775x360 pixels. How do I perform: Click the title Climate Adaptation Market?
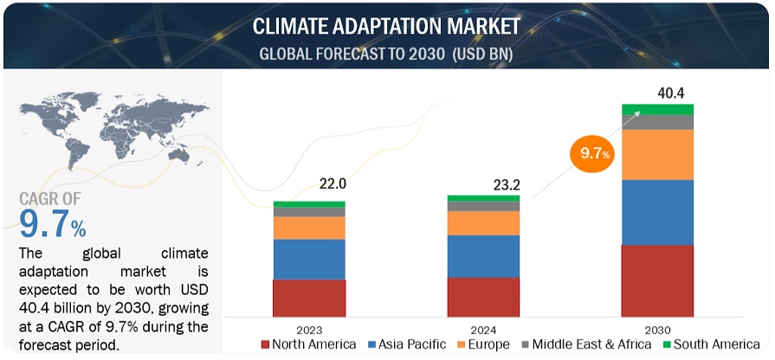point(386,26)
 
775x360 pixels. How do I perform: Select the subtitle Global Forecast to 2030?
point(386,54)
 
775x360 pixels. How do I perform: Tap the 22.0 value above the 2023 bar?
point(310,183)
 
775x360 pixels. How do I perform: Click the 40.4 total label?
point(658,92)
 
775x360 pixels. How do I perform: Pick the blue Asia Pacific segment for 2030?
point(658,212)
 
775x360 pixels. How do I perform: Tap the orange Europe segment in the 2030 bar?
point(658,154)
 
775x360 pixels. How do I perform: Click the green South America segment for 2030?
point(658,109)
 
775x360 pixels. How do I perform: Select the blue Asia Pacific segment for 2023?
point(310,259)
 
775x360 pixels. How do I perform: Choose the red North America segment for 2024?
point(484,296)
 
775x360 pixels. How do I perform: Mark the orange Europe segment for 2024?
point(484,223)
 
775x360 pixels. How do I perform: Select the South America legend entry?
point(710,344)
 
